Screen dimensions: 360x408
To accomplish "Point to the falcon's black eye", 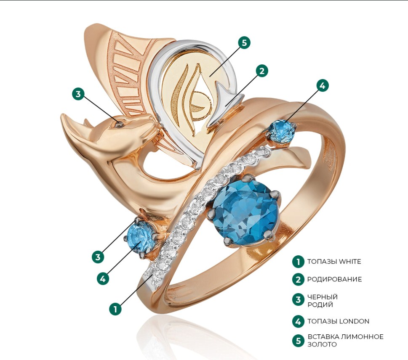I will (120, 123).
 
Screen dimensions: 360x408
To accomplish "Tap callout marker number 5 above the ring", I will (244, 42).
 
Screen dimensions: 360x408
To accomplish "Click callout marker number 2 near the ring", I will (261, 71).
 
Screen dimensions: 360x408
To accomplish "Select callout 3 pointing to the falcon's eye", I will (78, 93).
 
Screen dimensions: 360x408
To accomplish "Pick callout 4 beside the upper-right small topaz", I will (322, 85).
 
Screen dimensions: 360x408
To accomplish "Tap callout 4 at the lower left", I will (103, 278).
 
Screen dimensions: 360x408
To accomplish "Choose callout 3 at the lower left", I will (98, 257).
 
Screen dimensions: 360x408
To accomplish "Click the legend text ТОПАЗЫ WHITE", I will (334, 262).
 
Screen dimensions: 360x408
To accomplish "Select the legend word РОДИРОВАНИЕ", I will (334, 279).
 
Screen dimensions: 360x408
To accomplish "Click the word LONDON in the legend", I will (355, 321).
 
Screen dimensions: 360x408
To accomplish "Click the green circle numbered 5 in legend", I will (298, 340).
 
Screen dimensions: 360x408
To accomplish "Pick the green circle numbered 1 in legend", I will (298, 262).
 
